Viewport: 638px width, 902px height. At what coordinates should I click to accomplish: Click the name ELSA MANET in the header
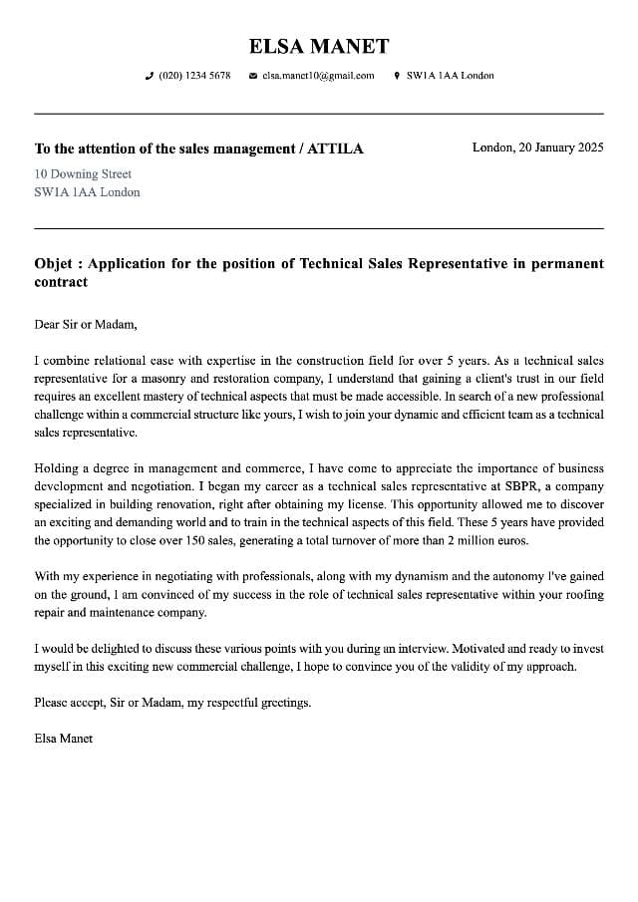pyautogui.click(x=319, y=46)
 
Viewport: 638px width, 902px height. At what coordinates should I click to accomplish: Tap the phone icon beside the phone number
pyautogui.click(x=150, y=76)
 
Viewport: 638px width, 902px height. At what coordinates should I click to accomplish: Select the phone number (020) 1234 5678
pyautogui.click(x=194, y=76)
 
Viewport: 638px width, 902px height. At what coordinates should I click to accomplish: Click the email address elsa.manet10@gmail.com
pyautogui.click(x=318, y=76)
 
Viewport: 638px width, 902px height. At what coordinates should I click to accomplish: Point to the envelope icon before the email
pyautogui.click(x=253, y=76)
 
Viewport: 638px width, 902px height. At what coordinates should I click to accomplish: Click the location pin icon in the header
pyautogui.click(x=397, y=76)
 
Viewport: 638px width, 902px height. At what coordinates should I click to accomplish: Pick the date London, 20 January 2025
pyautogui.click(x=537, y=148)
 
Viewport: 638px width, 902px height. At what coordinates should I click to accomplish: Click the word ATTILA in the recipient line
pyautogui.click(x=335, y=149)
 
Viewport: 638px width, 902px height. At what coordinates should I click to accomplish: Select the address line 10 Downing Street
pyautogui.click(x=83, y=173)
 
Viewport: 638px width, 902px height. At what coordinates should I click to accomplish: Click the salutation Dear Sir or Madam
pyautogui.click(x=85, y=324)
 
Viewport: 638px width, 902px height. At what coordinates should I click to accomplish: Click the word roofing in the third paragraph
pyautogui.click(x=583, y=594)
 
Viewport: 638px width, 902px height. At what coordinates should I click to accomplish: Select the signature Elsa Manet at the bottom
pyautogui.click(x=63, y=739)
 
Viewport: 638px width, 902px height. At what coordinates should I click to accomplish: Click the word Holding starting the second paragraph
pyautogui.click(x=56, y=468)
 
